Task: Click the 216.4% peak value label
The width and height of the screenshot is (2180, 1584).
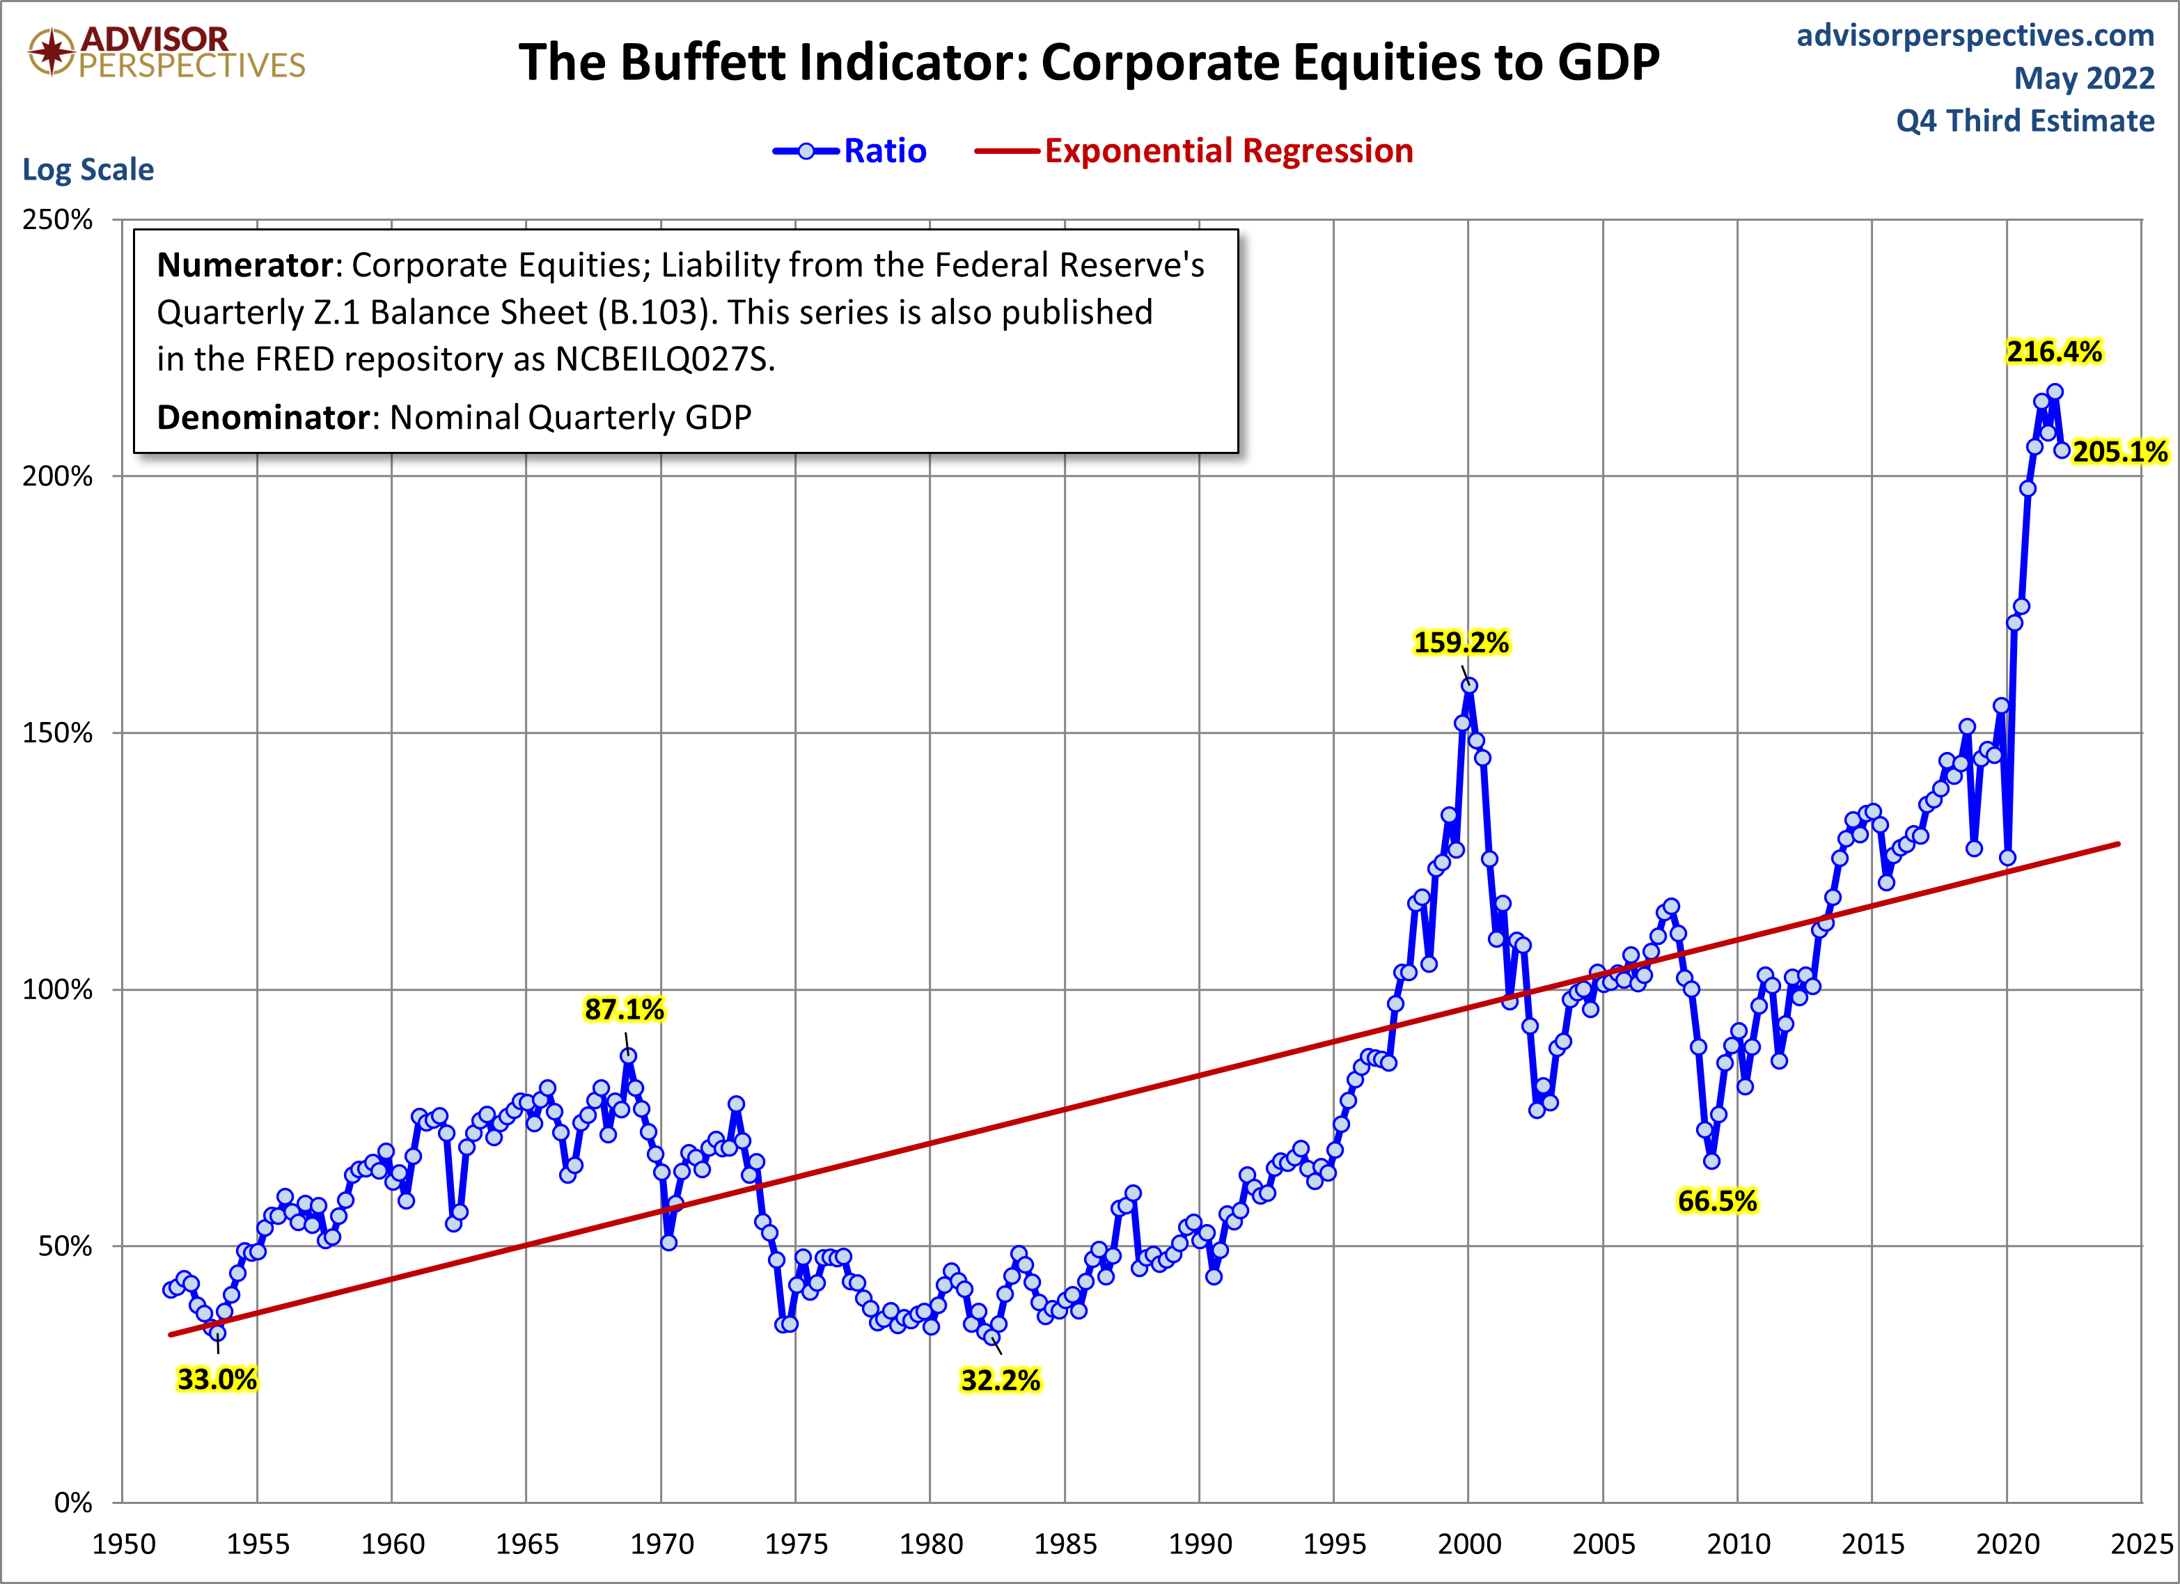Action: pyautogui.click(x=2053, y=352)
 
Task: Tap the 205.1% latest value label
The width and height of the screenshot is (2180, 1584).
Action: pyautogui.click(x=2119, y=452)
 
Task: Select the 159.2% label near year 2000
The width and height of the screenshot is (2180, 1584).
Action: pyautogui.click(x=1461, y=642)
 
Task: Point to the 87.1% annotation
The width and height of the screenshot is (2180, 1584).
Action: pyautogui.click(x=624, y=1009)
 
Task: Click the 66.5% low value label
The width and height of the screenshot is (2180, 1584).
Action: pyautogui.click(x=1717, y=1200)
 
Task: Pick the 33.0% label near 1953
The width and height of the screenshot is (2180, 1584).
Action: pyautogui.click(x=217, y=1379)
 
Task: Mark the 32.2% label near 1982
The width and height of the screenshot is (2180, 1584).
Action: pyautogui.click(x=1000, y=1380)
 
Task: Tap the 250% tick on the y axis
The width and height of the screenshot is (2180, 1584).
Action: pyautogui.click(x=58, y=219)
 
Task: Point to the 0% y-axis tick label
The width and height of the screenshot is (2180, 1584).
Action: pyautogui.click(x=73, y=1503)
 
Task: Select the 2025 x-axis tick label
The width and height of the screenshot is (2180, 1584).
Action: pyautogui.click(x=2140, y=1544)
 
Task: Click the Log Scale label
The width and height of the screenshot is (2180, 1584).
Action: pyautogui.click(x=88, y=169)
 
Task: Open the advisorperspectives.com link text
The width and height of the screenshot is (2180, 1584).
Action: pyautogui.click(x=1975, y=35)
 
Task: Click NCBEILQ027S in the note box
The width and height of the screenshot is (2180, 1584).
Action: pyautogui.click(x=664, y=359)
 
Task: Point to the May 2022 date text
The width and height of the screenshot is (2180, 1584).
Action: pyautogui.click(x=2084, y=78)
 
